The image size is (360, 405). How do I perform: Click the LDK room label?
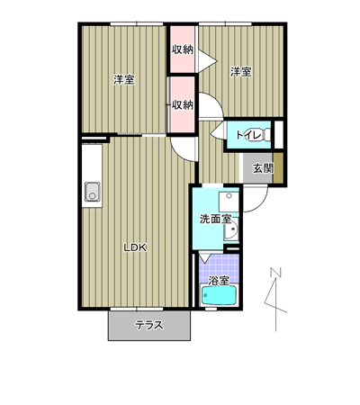point(135,247)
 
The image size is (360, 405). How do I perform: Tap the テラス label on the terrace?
point(149,325)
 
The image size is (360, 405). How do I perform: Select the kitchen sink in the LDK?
point(92,192)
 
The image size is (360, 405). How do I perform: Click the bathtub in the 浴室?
point(220,295)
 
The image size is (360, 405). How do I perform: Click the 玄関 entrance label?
point(263,168)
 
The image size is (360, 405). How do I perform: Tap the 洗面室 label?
point(215,220)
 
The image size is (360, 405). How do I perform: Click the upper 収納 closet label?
point(182,49)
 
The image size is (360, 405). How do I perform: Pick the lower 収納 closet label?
point(182,104)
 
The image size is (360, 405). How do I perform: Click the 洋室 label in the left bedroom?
point(124,80)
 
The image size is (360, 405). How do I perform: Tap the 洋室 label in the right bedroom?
point(241,72)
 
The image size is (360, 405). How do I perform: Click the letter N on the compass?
point(275,272)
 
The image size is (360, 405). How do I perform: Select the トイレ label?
point(248,135)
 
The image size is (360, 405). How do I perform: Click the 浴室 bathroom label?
point(219,281)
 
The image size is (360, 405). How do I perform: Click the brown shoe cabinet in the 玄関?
point(278,167)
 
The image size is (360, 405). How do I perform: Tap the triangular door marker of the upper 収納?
point(208,61)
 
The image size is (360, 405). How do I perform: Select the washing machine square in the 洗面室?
point(229,202)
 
